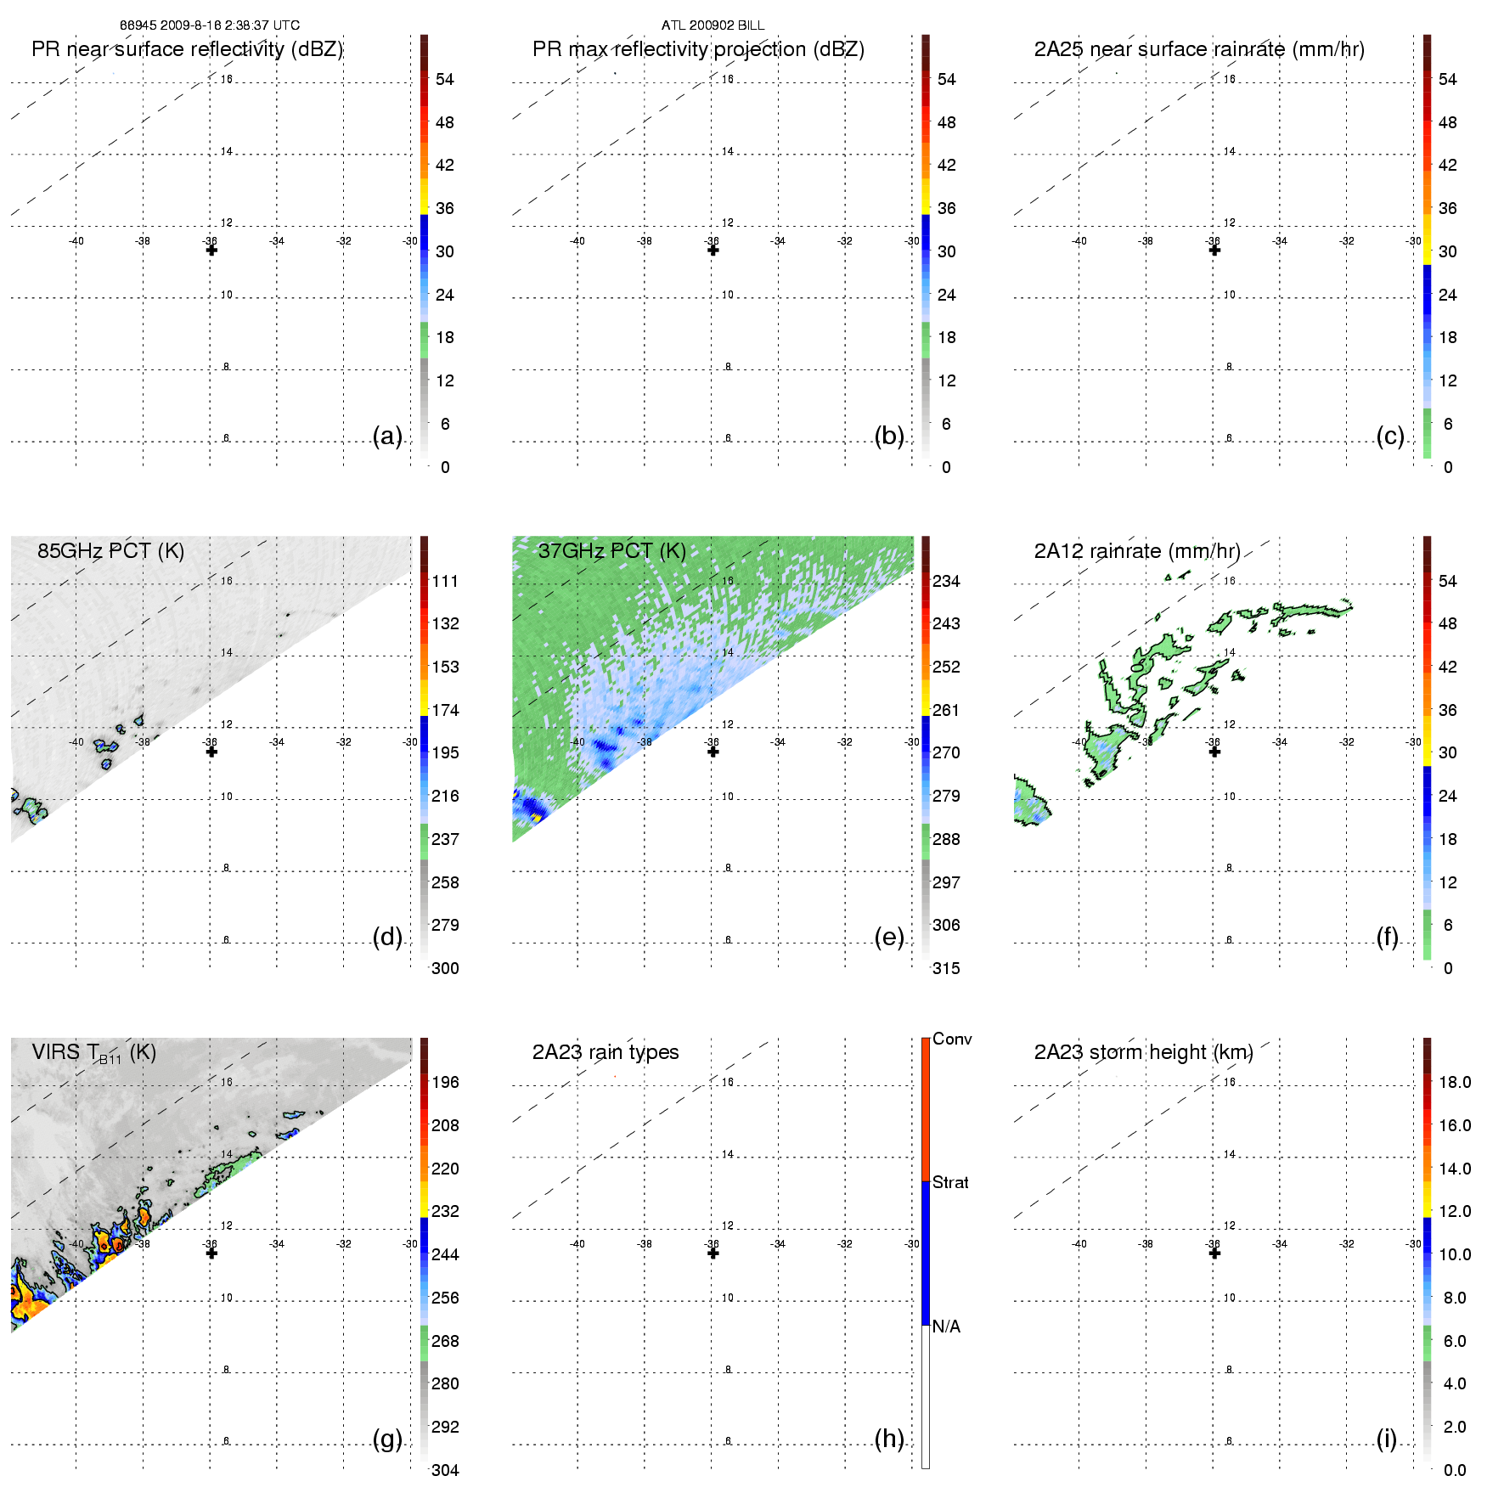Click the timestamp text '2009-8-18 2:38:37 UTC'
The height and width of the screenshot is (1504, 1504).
tap(229, 25)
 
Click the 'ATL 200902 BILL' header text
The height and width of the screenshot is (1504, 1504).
tap(713, 25)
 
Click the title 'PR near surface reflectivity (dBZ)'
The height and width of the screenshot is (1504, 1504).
tap(187, 49)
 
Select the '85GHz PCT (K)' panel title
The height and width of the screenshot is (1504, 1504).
tap(110, 550)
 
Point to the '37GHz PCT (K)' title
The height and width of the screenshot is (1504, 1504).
tap(611, 550)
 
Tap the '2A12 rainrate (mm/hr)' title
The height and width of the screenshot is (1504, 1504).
tap(1136, 550)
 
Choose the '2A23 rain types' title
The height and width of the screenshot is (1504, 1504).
tap(605, 1052)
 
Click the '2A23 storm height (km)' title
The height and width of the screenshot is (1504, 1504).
tap(1143, 1052)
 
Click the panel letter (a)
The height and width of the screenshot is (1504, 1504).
tap(387, 436)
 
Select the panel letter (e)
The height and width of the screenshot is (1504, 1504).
tap(888, 937)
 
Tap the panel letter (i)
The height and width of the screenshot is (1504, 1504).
tap(1386, 1439)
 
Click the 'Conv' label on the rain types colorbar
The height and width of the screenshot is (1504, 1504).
tap(952, 1039)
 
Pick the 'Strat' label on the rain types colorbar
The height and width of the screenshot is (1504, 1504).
tap(950, 1182)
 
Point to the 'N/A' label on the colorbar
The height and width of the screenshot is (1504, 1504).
tap(946, 1327)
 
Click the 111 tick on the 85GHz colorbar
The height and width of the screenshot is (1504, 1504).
tap(445, 581)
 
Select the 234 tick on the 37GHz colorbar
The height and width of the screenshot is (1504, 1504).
tap(946, 581)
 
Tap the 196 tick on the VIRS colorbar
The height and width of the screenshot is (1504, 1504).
tap(445, 1082)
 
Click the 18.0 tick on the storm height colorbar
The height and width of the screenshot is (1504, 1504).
tap(1454, 1082)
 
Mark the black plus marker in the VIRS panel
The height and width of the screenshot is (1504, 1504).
tap(211, 1253)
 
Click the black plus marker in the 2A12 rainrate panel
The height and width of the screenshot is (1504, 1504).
tap(1214, 752)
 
